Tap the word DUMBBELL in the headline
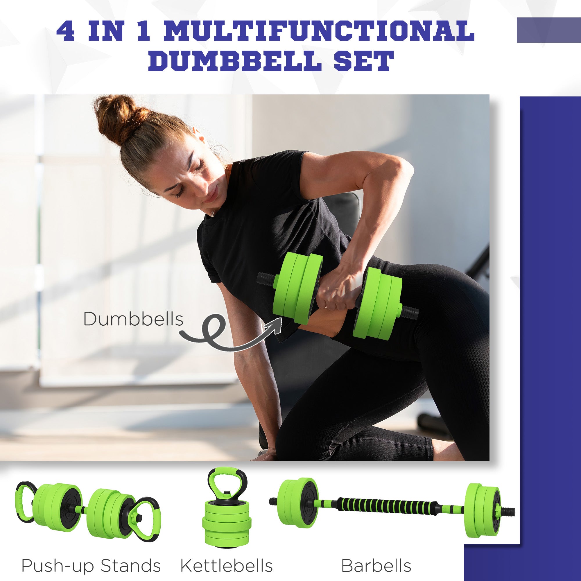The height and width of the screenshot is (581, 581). (x=233, y=61)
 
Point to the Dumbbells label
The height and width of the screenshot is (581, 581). (x=133, y=319)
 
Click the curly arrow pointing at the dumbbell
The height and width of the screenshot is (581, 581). (x=229, y=334)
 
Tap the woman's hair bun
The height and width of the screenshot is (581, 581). (x=120, y=117)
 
